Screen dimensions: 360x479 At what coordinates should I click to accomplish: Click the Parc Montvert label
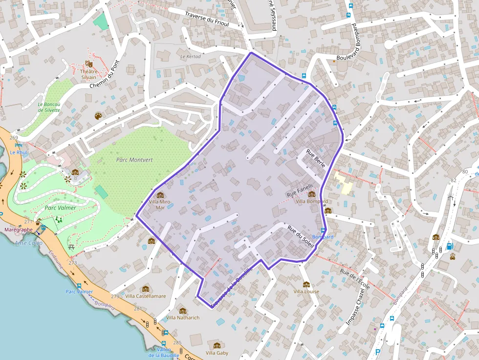[x=134, y=160]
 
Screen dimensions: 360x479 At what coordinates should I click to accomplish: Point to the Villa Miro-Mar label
[x=160, y=204]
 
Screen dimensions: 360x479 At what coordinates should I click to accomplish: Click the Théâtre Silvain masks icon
[x=88, y=64]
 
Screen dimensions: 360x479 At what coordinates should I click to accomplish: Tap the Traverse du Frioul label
[x=207, y=19]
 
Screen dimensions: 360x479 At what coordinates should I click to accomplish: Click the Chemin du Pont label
[x=105, y=74]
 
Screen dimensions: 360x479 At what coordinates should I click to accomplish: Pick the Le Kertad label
[x=190, y=57]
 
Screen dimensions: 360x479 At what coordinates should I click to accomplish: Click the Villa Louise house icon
[x=306, y=284]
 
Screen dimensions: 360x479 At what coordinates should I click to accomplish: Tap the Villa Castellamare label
[x=146, y=296]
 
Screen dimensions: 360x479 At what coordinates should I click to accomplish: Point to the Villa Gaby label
[x=217, y=353]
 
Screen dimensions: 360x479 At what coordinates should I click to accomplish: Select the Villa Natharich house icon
[x=183, y=311]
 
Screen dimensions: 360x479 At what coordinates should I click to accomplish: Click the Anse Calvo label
[x=28, y=243]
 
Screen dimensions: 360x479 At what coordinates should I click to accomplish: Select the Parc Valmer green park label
[x=60, y=208]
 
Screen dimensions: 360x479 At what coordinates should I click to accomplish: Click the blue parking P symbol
[x=377, y=352]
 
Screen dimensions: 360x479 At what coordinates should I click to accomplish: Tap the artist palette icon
[x=98, y=116]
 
